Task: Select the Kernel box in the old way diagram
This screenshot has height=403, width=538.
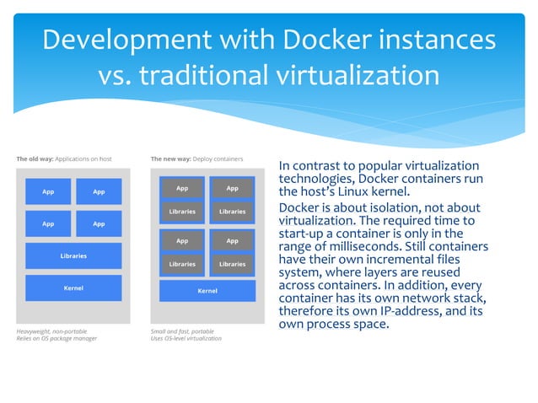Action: [x=73, y=288]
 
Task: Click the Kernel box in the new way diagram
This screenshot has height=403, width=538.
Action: [x=207, y=291]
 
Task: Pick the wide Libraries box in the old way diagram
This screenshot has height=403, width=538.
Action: [x=73, y=255]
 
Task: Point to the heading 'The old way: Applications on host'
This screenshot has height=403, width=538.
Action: [x=64, y=159]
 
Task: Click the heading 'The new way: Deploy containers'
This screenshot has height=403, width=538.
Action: [x=196, y=159]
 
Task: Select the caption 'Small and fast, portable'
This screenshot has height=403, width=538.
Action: [x=181, y=331]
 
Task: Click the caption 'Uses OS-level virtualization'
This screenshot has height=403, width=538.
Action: [x=186, y=339]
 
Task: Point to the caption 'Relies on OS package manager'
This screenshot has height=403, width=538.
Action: [x=57, y=339]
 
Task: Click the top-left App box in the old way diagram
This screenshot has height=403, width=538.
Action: [x=48, y=191]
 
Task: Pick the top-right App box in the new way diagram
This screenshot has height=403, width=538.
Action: [x=233, y=188]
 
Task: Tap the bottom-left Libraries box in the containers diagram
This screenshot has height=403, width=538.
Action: [x=182, y=264]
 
